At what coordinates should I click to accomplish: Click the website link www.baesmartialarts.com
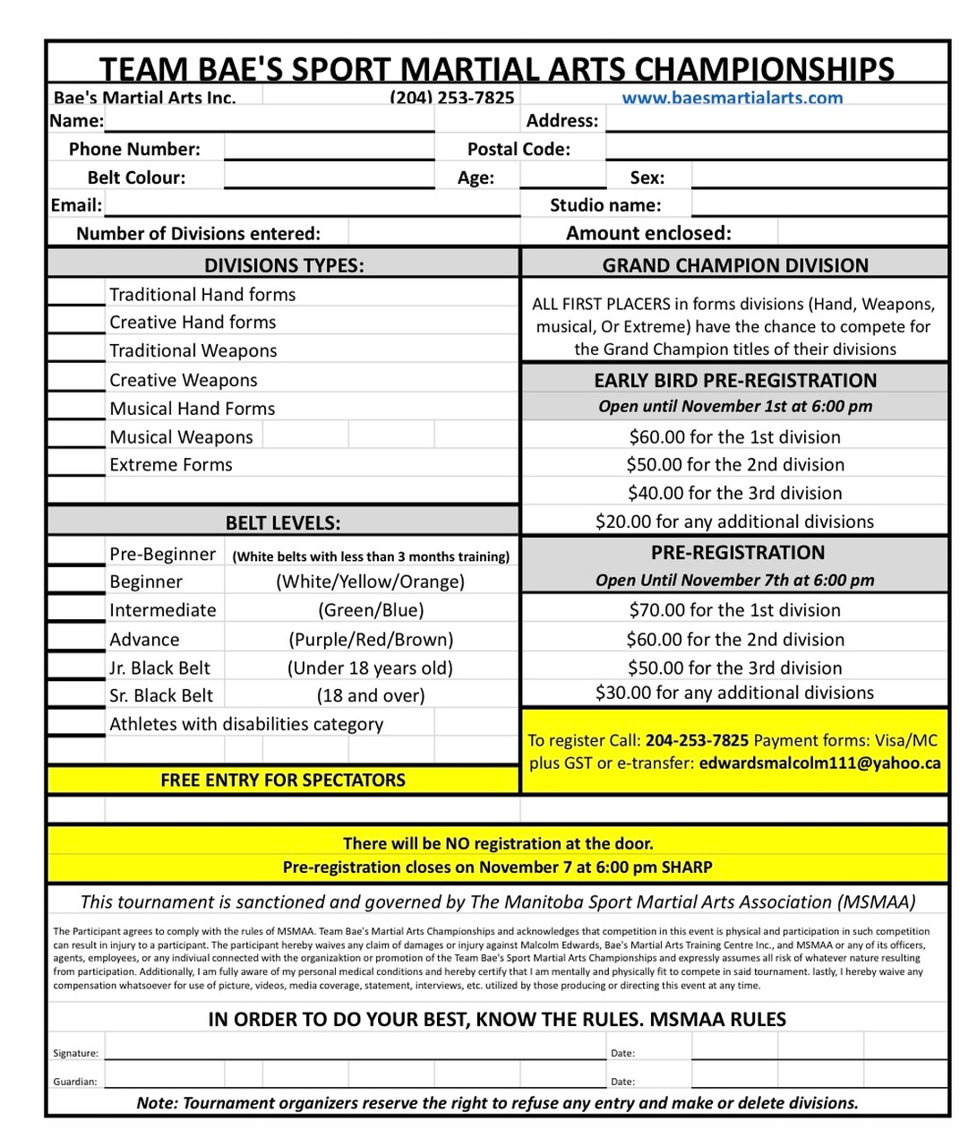click(x=732, y=98)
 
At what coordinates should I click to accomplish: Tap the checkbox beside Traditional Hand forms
click(x=76, y=293)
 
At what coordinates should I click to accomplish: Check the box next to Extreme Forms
click(x=76, y=463)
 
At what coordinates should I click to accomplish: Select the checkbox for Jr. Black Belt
click(x=76, y=667)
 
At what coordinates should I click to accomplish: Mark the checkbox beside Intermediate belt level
click(x=76, y=609)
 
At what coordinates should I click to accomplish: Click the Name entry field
click(x=269, y=120)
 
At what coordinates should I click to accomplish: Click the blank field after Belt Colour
click(x=329, y=177)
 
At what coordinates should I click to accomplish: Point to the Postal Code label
click(x=518, y=149)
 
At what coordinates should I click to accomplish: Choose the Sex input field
click(x=818, y=177)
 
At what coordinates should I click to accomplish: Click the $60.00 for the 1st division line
click(x=734, y=437)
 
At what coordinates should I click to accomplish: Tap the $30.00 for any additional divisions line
click(x=734, y=693)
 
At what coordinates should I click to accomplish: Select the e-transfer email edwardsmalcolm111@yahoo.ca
click(x=819, y=763)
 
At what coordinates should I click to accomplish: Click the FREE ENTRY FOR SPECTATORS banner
click(x=283, y=780)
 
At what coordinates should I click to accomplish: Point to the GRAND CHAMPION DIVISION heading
click(x=734, y=265)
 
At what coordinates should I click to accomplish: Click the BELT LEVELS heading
click(x=283, y=523)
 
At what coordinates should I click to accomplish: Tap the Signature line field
click(x=355, y=1051)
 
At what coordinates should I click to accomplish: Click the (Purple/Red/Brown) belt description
click(x=371, y=639)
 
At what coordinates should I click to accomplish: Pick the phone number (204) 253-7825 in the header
click(x=451, y=98)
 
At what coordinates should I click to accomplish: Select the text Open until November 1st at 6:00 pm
click(x=734, y=406)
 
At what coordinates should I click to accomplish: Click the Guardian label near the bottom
click(x=75, y=1082)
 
